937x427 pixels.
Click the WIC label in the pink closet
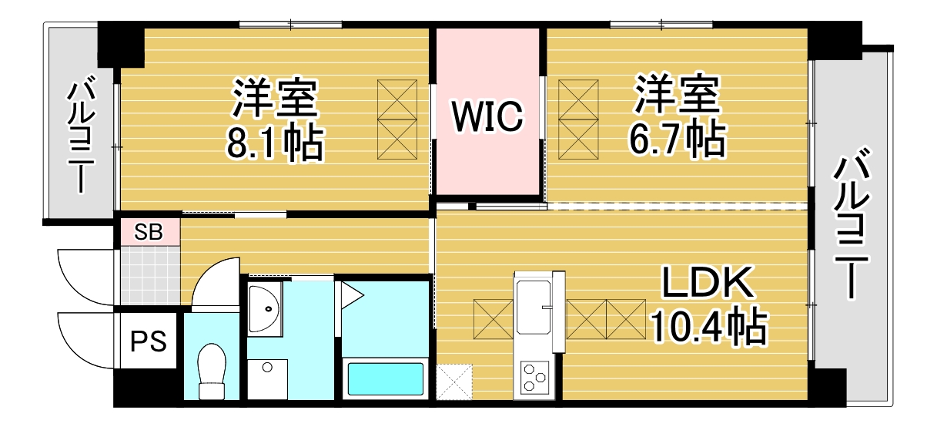click(487, 116)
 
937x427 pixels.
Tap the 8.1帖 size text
click(274, 143)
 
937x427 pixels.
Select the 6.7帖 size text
click(677, 139)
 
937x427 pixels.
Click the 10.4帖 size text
click(709, 327)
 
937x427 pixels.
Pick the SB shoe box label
click(149, 233)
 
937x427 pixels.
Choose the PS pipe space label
click(149, 341)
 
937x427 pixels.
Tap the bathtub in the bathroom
click(386, 378)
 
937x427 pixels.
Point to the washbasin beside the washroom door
click(265, 308)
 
